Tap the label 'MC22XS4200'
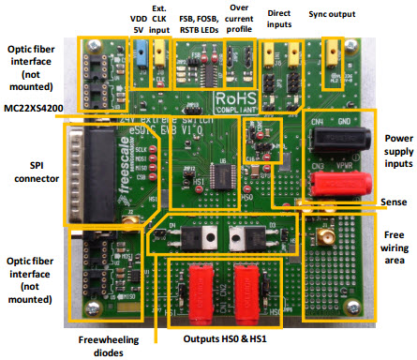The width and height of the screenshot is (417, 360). [35, 107]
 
